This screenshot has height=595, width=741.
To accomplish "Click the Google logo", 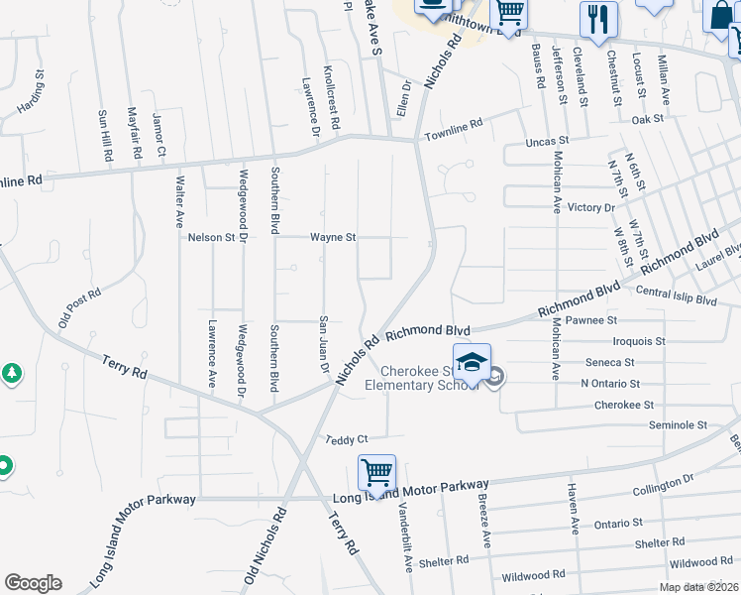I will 33,583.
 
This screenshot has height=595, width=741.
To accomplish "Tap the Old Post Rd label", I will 79,308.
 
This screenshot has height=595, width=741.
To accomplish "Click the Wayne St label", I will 333,238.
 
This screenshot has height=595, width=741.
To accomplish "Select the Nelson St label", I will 211,238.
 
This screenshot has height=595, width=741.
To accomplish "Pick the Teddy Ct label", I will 347,439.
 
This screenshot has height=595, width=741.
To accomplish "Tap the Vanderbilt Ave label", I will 405,537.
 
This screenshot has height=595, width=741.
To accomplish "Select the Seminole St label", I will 678,424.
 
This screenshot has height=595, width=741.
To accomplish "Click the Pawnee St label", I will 592,320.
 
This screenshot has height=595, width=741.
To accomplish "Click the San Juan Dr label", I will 323,345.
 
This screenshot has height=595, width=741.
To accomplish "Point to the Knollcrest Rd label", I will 331,98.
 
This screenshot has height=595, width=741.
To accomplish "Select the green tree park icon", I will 11,375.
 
